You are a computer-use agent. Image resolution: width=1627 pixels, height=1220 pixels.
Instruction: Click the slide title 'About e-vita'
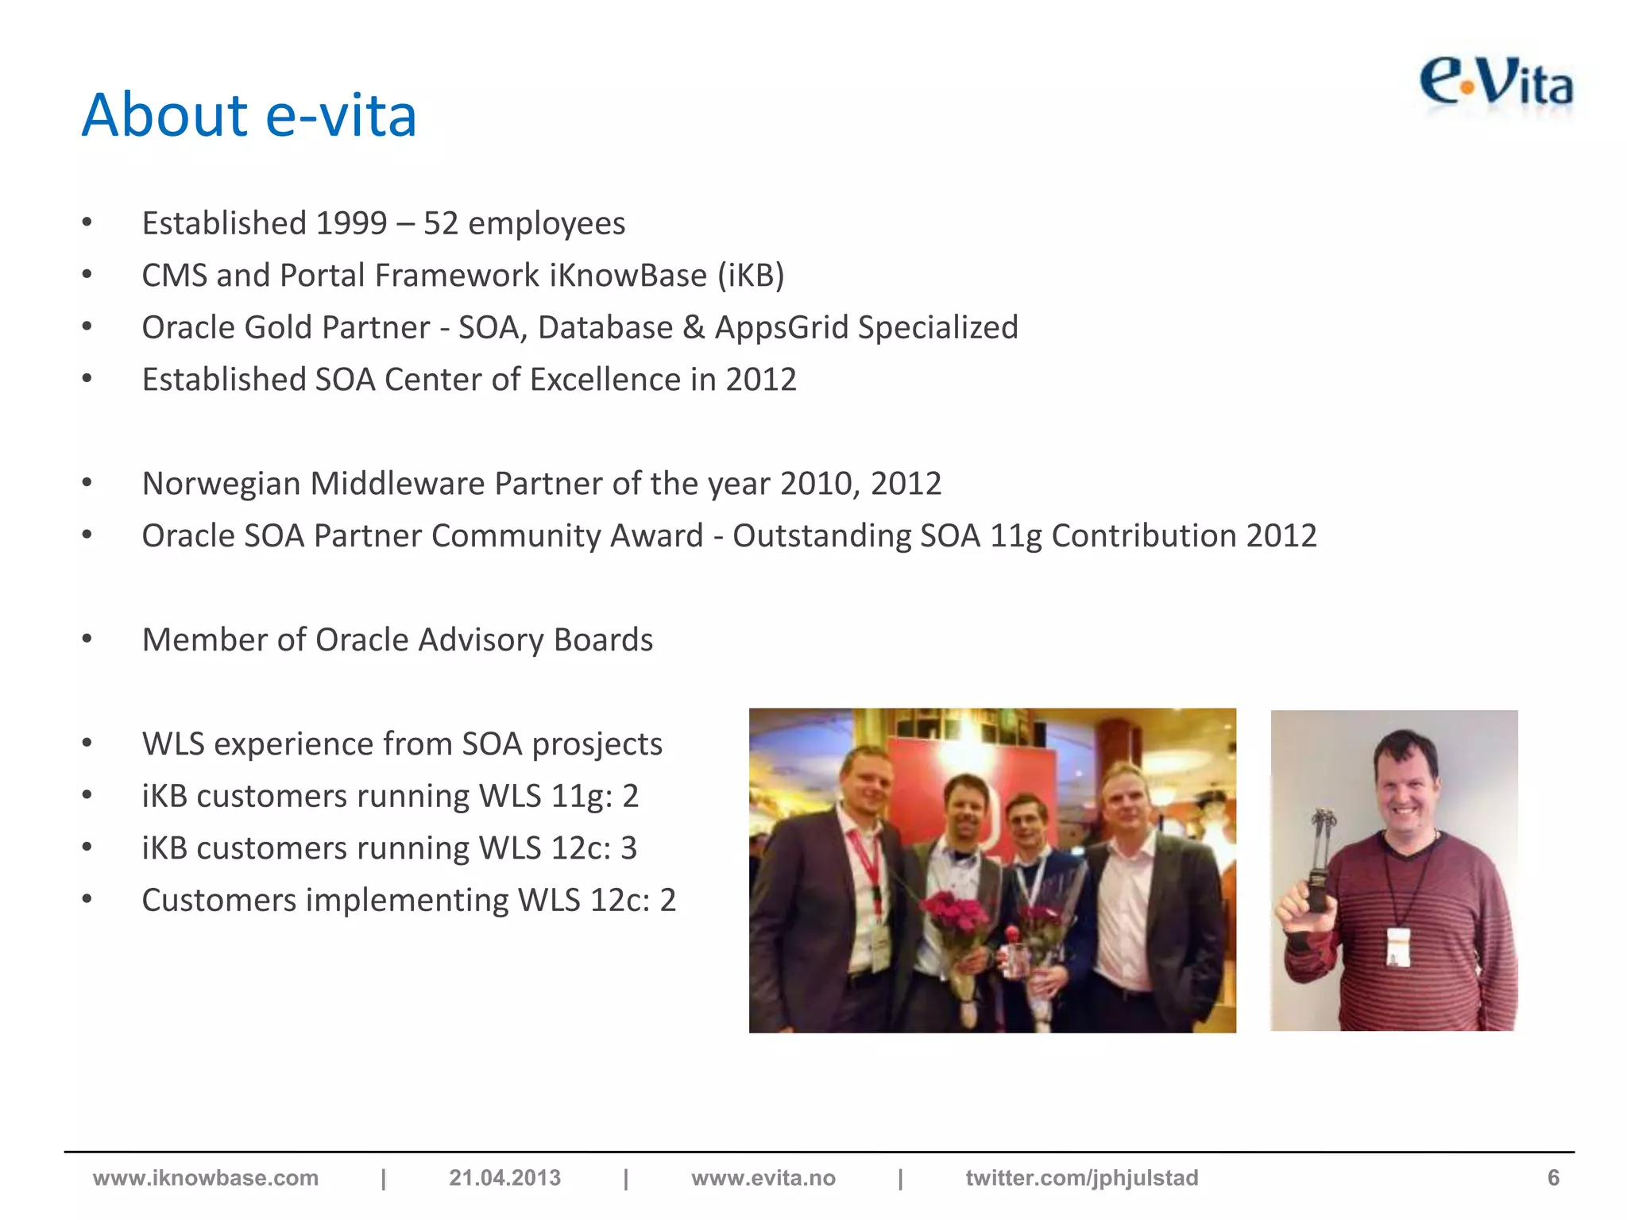point(249,115)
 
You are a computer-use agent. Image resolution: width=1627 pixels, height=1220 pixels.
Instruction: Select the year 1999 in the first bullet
point(351,223)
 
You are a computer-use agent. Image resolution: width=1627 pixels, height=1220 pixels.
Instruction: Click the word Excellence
point(605,380)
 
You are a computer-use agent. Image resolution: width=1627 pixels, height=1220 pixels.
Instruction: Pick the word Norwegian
point(221,484)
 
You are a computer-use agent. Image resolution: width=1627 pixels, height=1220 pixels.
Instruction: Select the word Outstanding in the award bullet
point(821,536)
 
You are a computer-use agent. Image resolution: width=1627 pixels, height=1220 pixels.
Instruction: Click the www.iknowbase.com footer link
point(206,1178)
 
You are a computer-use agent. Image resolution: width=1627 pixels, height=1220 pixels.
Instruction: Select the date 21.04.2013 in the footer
point(504,1178)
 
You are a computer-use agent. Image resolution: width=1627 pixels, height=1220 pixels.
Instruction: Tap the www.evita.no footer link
point(763,1178)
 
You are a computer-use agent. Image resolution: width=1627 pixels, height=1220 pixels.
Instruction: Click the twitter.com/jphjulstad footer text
point(1082,1178)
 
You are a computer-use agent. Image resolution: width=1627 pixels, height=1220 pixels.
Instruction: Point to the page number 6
point(1553,1178)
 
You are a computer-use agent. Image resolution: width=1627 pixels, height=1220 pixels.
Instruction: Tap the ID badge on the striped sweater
point(1399,947)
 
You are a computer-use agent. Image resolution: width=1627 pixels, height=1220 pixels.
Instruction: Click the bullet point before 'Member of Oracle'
point(87,639)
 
